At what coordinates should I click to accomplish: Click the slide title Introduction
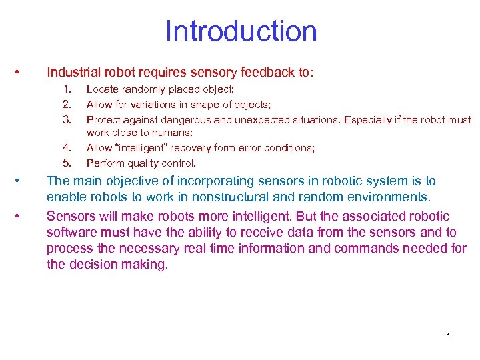click(x=241, y=31)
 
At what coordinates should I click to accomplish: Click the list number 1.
click(x=66, y=89)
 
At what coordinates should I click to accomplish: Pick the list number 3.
click(x=66, y=120)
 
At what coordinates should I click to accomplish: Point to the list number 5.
click(x=66, y=163)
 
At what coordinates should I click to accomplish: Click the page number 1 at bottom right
click(x=448, y=336)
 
